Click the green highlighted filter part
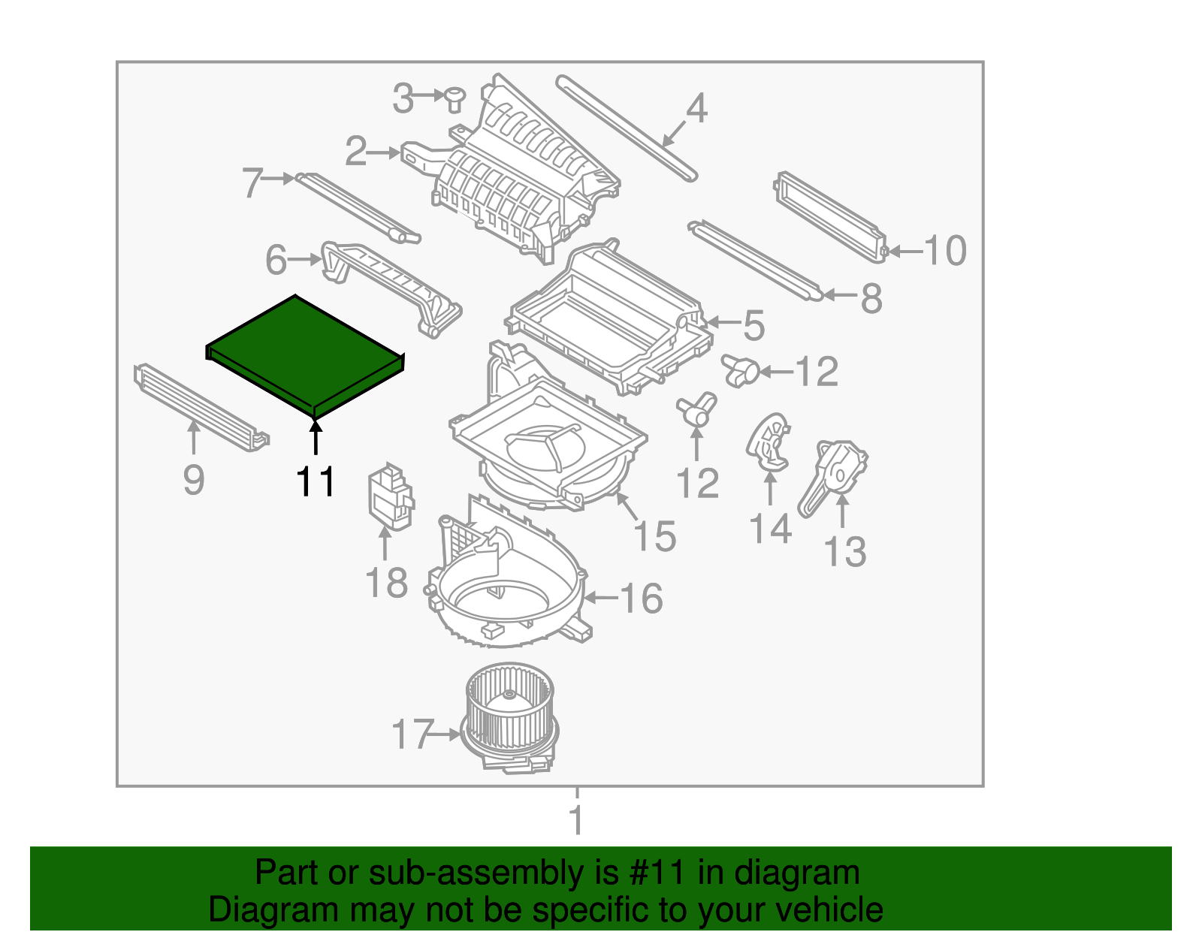point(304,353)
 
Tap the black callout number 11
point(315,482)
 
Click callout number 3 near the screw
point(403,98)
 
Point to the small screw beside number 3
point(454,98)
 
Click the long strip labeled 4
point(627,128)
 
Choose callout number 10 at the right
point(944,251)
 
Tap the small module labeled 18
point(390,496)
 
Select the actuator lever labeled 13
point(834,473)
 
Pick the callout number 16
point(641,599)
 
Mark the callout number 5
point(754,325)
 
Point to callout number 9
point(193,480)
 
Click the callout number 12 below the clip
point(697,484)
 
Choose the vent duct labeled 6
point(391,285)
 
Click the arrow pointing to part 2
point(385,152)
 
